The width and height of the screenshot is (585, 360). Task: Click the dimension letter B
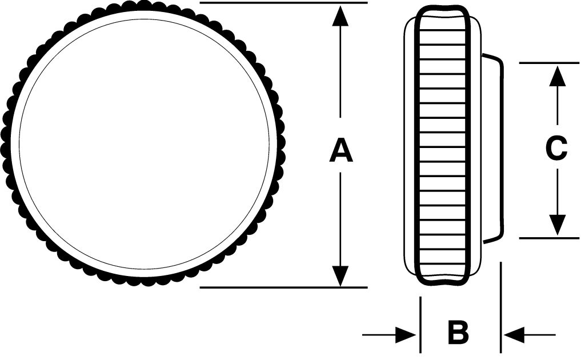[458, 333]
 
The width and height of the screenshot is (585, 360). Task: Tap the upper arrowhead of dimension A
[340, 15]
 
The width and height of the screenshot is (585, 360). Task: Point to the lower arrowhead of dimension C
[556, 225]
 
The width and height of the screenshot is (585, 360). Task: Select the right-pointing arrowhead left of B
[406, 335]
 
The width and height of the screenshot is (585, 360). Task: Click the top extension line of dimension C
[548, 62]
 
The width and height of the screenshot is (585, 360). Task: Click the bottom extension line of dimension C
[548, 238]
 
